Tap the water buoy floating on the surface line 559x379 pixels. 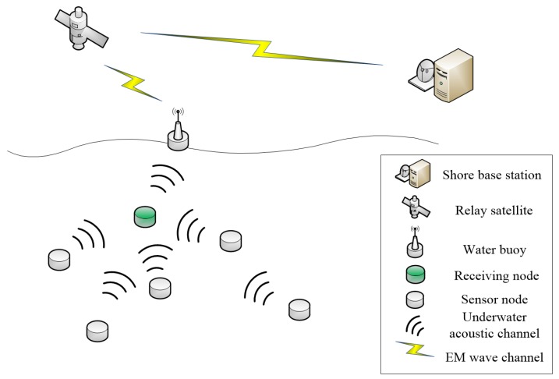coord(178,135)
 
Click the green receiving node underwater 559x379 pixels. coord(144,216)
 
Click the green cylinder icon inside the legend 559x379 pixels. coord(416,274)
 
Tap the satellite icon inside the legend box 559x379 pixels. coord(416,208)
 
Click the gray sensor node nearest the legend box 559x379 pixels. coord(299,309)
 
